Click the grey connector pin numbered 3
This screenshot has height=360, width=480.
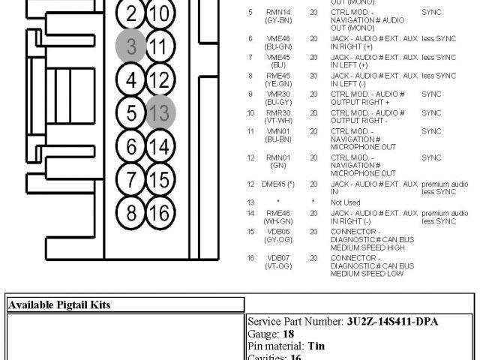130,46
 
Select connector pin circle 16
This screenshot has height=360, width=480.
160,212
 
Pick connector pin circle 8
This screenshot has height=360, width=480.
131,212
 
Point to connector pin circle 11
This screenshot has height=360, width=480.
160,46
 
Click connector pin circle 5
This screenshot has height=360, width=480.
131,113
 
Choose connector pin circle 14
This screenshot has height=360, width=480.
160,146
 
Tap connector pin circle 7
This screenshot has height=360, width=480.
131,179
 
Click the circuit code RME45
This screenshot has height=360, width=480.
278,76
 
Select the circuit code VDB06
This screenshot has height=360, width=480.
278,232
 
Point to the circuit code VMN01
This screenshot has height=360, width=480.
278,131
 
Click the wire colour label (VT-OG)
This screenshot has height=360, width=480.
278,265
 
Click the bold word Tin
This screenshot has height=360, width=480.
316,347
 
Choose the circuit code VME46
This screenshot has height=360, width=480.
278,37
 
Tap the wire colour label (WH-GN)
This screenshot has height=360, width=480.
278,221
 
